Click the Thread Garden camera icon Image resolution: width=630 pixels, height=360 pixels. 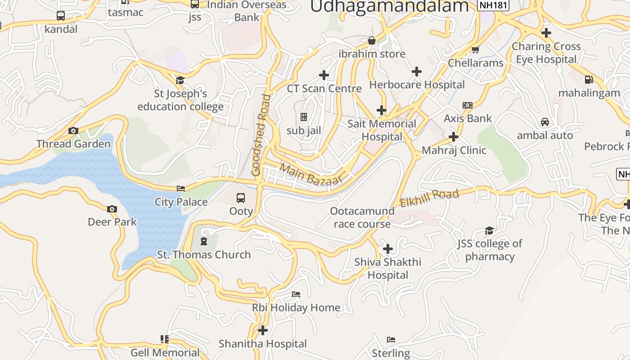point(73,131)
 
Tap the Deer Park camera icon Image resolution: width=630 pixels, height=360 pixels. point(112,209)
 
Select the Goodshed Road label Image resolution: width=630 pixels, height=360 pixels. point(261,135)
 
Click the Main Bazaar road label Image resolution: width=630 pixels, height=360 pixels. point(311,174)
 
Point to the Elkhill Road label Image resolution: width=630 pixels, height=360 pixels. point(429,198)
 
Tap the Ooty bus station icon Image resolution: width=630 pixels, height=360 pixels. point(241,198)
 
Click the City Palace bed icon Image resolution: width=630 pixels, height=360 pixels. point(181,189)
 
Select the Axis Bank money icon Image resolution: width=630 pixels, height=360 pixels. point(468,105)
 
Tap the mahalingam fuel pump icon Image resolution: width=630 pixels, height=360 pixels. point(589,80)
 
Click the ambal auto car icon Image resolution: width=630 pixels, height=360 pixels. point(544,122)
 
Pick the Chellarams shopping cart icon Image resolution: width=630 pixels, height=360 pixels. point(475,49)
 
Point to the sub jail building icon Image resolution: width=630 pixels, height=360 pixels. point(304,117)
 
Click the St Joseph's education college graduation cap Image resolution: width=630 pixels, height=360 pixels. point(180,81)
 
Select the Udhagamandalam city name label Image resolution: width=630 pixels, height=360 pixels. point(390,6)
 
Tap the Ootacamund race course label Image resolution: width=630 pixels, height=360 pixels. point(362,217)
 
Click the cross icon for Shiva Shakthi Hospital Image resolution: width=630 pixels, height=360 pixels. point(387,249)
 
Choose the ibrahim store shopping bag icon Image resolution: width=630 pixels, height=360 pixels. point(372,41)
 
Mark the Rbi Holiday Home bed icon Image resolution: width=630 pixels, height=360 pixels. point(296,294)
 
